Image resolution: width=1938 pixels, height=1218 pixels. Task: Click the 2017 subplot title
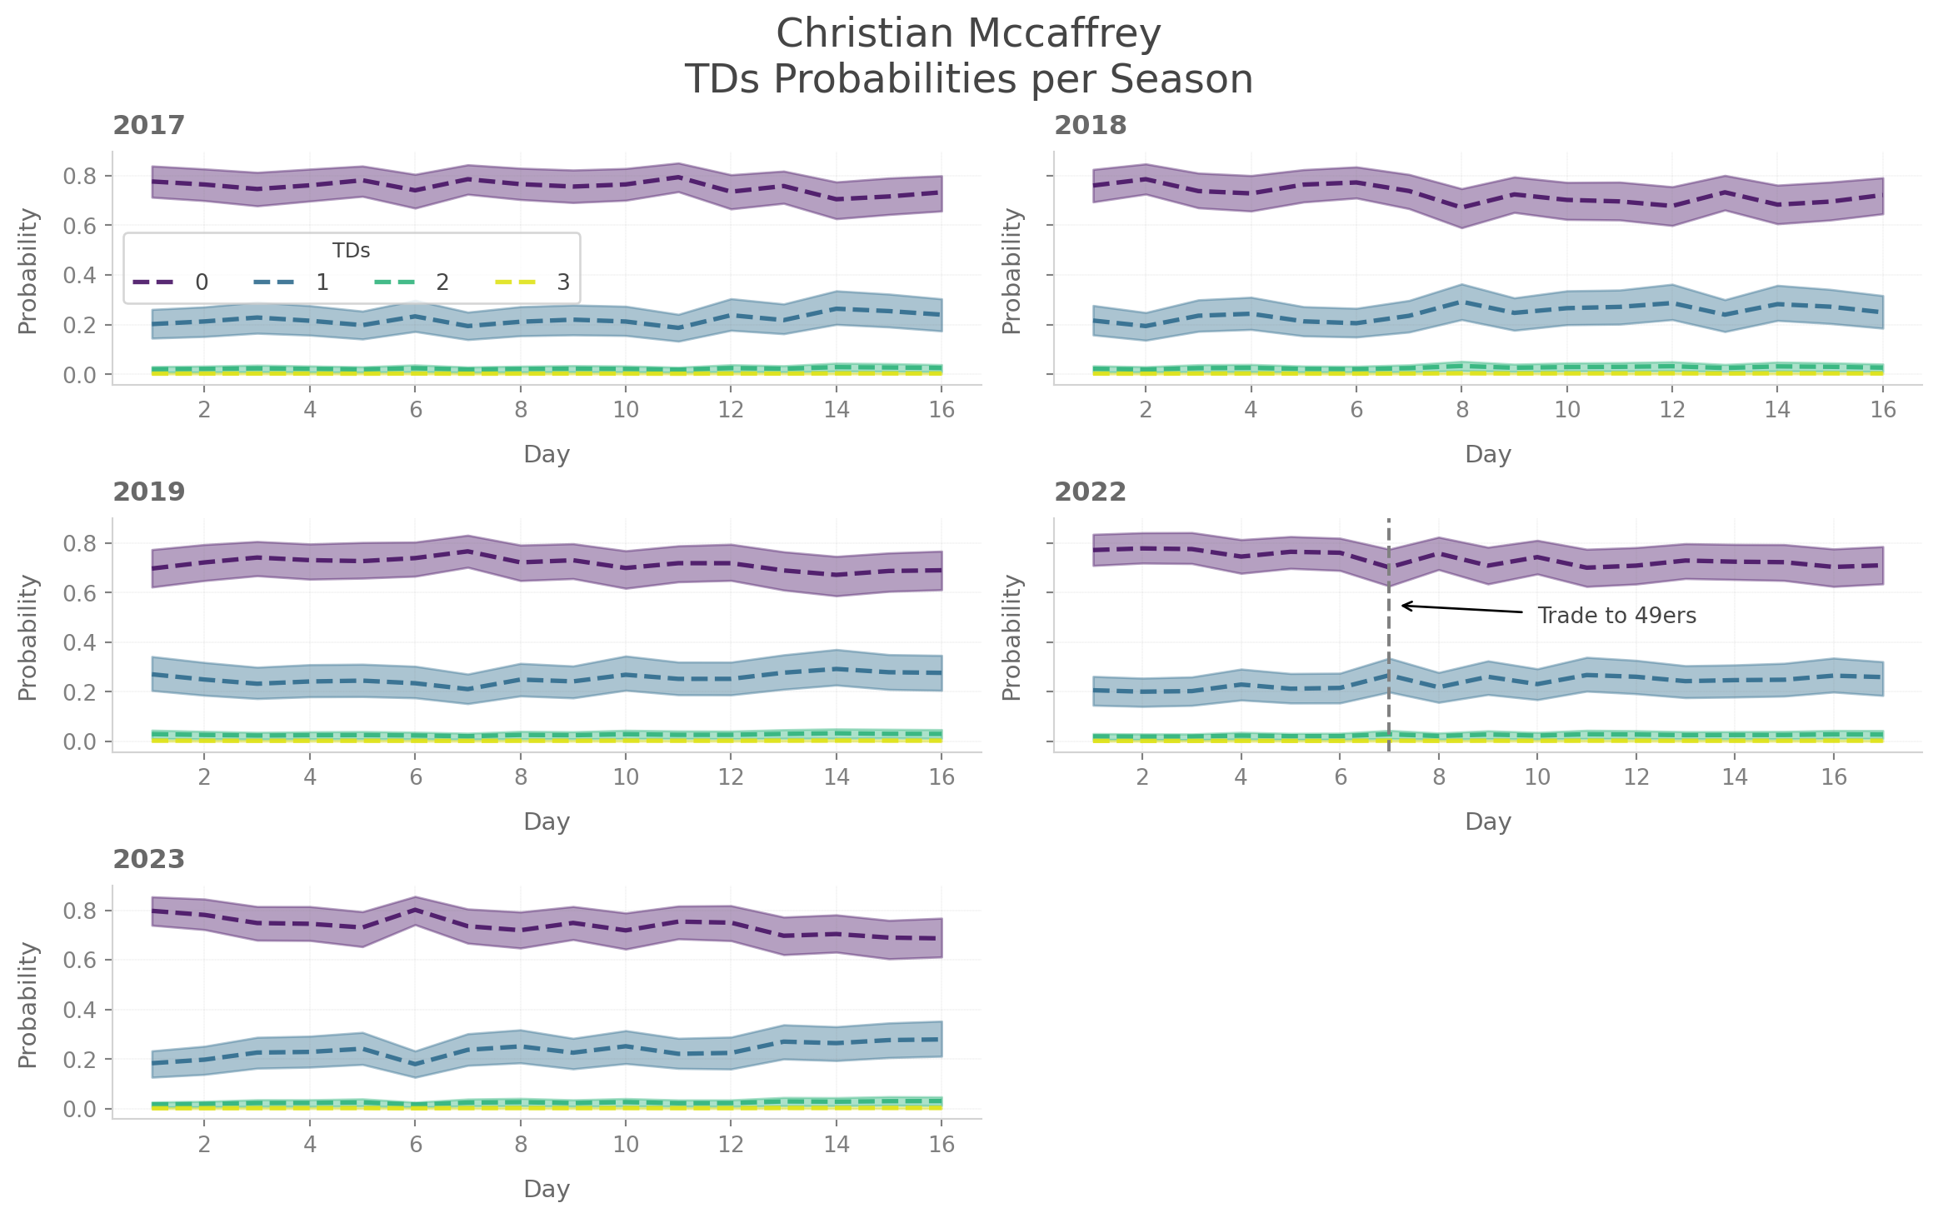pyautogui.click(x=148, y=125)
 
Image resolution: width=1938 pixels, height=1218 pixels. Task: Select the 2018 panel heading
pyautogui.click(x=1090, y=125)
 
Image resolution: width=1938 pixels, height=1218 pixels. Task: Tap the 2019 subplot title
pyautogui.click(x=148, y=492)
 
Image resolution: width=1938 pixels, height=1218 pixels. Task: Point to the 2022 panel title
pyautogui.click(x=1090, y=492)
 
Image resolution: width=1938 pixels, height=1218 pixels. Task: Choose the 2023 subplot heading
pyautogui.click(x=148, y=859)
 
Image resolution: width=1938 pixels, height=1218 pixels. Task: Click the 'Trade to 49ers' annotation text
pyautogui.click(x=1616, y=616)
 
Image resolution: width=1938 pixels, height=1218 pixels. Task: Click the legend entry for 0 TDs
pyautogui.click(x=171, y=282)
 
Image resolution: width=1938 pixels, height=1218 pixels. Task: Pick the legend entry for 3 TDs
pyautogui.click(x=533, y=282)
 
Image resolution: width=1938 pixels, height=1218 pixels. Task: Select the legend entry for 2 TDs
pyautogui.click(x=412, y=282)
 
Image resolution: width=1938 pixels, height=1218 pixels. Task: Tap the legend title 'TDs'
pyautogui.click(x=351, y=251)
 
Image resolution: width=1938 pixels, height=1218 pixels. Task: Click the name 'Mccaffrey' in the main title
pyautogui.click(x=1064, y=34)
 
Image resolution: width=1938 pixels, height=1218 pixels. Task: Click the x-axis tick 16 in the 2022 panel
pyautogui.click(x=1834, y=777)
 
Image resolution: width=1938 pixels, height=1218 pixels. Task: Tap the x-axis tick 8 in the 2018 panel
pyautogui.click(x=1461, y=410)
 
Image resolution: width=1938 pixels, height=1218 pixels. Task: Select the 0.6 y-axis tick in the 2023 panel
pyautogui.click(x=79, y=960)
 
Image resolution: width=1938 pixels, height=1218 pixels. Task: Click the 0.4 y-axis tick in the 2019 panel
pyautogui.click(x=79, y=642)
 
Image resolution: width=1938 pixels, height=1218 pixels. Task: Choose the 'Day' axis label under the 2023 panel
pyautogui.click(x=547, y=1189)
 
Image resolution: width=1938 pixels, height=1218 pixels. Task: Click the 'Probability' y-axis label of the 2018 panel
pyautogui.click(x=1011, y=271)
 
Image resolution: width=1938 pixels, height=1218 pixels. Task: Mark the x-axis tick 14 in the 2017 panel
pyautogui.click(x=836, y=410)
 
